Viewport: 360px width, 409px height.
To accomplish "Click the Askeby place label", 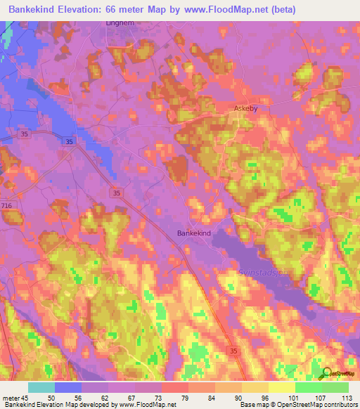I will pos(245,110).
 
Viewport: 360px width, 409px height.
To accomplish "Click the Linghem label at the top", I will pos(119,22).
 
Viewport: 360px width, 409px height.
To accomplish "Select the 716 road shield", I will pos(8,204).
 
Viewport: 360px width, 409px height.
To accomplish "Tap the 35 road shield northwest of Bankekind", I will pos(117,192).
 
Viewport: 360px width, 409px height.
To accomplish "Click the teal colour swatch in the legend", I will pos(41,387).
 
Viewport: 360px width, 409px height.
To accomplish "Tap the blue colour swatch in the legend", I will pos(68,387).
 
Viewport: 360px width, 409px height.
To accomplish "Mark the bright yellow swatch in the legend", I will pos(281,387).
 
